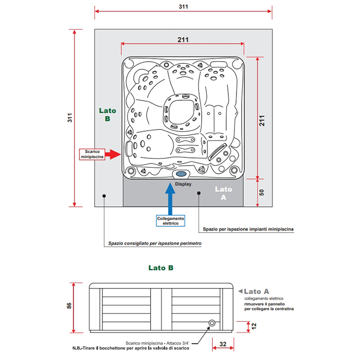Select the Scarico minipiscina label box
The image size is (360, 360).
pyautogui.click(x=93, y=153)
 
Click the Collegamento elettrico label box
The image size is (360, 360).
pyautogui.click(x=171, y=221)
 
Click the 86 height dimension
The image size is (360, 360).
pyautogui.click(x=69, y=306)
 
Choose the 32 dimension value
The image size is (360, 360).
pyautogui.click(x=222, y=343)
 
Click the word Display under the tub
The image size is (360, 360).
pyautogui.click(x=183, y=184)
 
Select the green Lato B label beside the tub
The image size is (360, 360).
pyautogui.click(x=107, y=114)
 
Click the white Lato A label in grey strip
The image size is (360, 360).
pyautogui.click(x=223, y=193)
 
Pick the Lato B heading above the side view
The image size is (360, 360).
pyautogui.click(x=160, y=267)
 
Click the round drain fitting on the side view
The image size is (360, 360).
pyautogui.click(x=211, y=323)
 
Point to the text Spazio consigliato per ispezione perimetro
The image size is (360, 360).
pyautogui.click(x=154, y=243)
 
